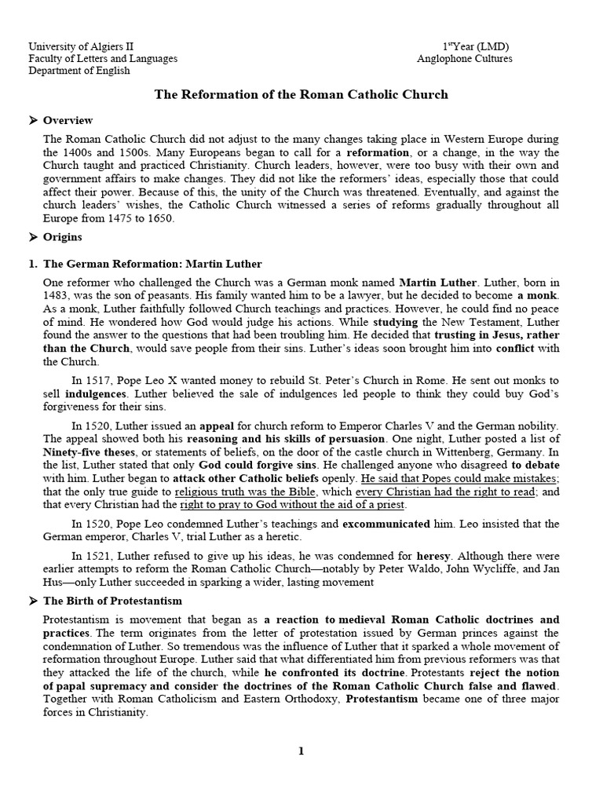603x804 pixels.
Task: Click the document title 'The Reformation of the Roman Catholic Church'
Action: [x=301, y=94]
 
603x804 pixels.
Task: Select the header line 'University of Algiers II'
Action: [x=81, y=46]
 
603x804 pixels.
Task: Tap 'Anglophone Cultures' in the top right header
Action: [x=465, y=58]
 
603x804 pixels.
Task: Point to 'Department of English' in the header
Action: [x=79, y=70]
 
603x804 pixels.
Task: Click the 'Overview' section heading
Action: [x=68, y=120]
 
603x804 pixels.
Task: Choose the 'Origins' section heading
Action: [x=63, y=236]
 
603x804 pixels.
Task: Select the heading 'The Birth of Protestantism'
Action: [x=108, y=601]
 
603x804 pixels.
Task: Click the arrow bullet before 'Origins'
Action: [x=33, y=236]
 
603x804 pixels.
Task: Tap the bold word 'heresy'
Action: [x=433, y=555]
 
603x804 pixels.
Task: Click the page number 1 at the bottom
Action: [x=301, y=751]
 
